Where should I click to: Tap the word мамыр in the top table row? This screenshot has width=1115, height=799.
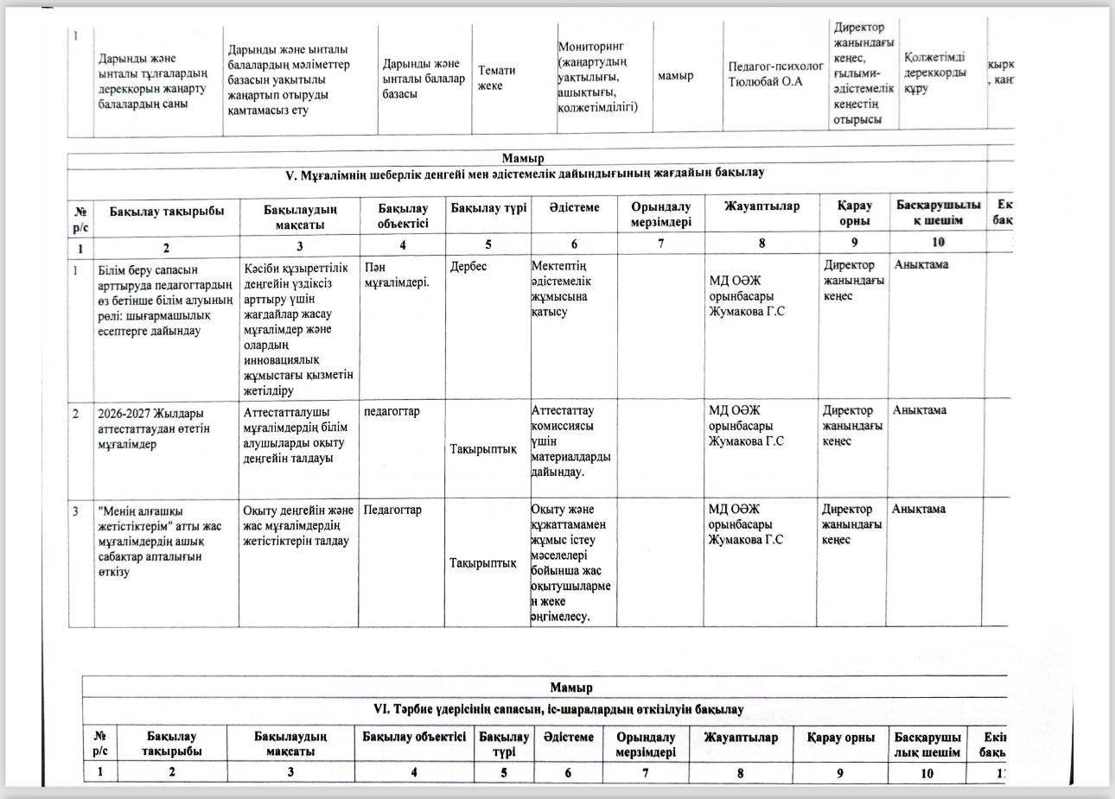tap(675, 76)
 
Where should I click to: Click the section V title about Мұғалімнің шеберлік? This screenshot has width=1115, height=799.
tap(525, 173)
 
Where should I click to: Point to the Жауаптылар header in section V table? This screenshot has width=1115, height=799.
tap(761, 206)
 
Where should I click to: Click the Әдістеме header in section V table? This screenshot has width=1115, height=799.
tap(574, 207)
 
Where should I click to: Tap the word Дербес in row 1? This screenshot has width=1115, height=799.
tap(468, 266)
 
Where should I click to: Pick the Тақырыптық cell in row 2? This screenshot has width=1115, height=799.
tap(483, 449)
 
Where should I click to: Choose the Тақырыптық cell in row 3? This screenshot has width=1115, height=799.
tap(482, 563)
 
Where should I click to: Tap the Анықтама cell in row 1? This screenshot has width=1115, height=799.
tap(921, 265)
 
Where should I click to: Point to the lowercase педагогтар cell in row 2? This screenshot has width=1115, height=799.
tap(392, 411)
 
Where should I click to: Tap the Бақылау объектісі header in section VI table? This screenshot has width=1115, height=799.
tap(414, 737)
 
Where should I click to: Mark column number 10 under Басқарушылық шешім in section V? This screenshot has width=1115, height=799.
tap(939, 243)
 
